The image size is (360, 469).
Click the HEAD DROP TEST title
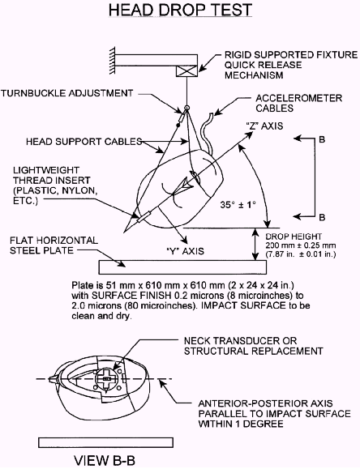tap(180, 10)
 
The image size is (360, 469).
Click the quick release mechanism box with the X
tap(186, 71)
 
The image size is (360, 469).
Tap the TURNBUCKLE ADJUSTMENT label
tap(66, 93)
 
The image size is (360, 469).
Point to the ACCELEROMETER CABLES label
tap(298, 103)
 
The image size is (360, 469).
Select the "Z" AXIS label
tap(264, 126)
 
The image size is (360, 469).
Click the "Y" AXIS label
tap(185, 250)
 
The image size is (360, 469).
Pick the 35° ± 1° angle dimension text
tap(238, 205)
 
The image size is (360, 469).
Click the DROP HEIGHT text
tap(294, 237)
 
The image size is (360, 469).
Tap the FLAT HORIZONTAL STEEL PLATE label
tap(54, 245)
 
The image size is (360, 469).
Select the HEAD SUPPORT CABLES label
tap(84, 141)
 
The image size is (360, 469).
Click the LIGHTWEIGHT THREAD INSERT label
tap(55, 185)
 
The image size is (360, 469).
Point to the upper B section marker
tap(322, 139)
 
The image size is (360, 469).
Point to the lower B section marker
tap(322, 217)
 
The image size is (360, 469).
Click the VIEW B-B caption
tap(105, 460)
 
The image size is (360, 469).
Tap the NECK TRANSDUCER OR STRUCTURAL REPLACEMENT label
tap(253, 345)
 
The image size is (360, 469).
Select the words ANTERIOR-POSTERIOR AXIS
tap(265, 403)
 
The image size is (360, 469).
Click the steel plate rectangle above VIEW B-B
tap(105, 442)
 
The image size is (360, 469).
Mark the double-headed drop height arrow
tap(255, 244)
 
